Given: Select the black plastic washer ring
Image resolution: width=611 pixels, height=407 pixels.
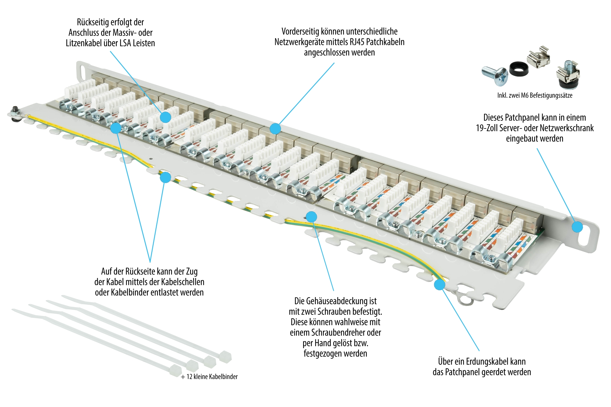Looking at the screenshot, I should pos(518,69).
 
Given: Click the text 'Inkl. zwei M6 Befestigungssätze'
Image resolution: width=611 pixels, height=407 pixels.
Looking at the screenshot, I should pos(535,95).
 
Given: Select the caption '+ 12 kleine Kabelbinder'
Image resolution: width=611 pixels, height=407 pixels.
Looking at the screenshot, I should pos(209,377).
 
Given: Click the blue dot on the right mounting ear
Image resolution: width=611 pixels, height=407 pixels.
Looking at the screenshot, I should pos(577,227).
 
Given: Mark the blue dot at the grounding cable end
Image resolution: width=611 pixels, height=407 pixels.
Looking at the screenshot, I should pos(440,284).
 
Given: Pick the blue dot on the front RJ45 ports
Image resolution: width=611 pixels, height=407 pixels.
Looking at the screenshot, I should pos(275,128).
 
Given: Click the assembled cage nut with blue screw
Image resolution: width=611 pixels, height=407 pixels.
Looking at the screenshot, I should pos(568,75).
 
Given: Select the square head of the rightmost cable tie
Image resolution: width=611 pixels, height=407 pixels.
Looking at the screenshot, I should pos(225,357).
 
